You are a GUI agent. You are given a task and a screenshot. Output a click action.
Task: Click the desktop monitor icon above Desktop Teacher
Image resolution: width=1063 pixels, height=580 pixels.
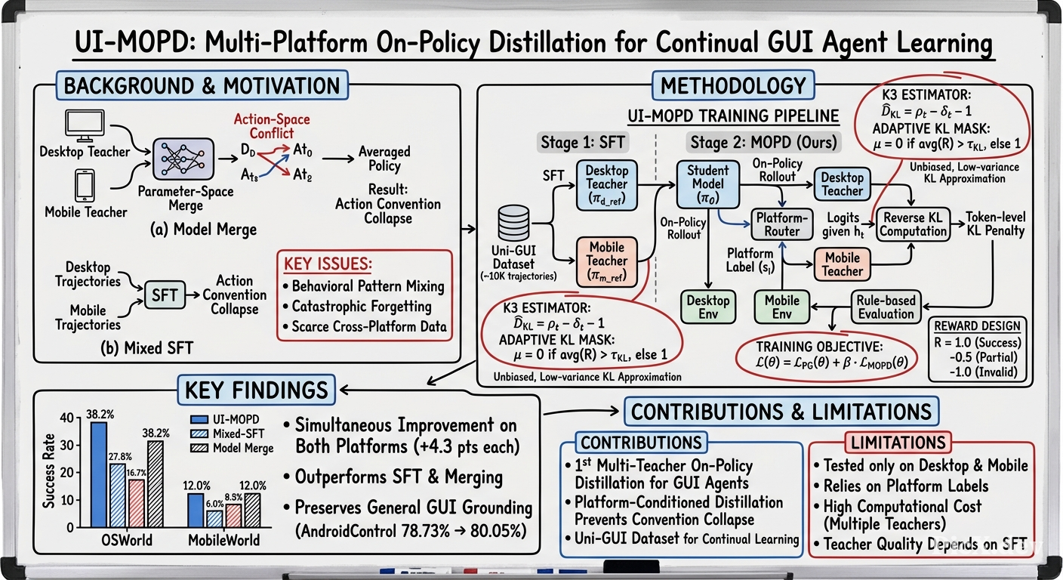(85, 126)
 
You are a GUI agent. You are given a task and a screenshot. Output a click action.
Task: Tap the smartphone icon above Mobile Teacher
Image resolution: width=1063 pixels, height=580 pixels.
(85, 186)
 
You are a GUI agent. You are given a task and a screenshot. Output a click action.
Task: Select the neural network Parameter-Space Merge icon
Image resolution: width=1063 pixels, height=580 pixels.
(183, 159)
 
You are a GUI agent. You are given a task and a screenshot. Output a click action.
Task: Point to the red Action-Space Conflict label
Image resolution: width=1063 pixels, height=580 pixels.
(272, 126)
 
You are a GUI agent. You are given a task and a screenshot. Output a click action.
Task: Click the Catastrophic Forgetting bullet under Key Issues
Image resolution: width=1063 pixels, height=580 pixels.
(358, 307)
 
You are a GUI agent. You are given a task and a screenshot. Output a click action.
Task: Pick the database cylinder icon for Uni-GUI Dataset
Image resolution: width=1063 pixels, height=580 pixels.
(513, 223)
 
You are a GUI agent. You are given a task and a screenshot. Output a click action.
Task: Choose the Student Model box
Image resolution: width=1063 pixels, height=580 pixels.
(707, 184)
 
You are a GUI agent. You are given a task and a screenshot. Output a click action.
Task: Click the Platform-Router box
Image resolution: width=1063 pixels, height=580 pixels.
(781, 224)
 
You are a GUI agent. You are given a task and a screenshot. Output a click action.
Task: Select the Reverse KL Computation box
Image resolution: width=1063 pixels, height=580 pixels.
(913, 224)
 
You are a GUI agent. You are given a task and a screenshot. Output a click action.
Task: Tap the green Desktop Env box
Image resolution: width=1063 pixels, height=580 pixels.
(708, 307)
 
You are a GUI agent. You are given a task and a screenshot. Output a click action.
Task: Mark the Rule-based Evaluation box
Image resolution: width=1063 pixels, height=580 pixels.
(886, 307)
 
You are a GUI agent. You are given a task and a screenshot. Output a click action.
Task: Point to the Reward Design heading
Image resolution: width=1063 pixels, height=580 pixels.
(977, 326)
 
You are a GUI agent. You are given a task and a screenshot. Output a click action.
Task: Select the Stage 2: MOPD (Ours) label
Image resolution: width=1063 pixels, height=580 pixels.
(763, 143)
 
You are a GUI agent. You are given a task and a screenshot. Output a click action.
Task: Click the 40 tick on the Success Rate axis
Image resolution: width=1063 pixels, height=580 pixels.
(67, 418)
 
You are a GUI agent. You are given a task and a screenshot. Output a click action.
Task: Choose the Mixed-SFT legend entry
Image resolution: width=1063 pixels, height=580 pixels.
(227, 433)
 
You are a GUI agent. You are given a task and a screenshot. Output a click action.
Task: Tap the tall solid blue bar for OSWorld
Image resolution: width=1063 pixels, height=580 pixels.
(99, 474)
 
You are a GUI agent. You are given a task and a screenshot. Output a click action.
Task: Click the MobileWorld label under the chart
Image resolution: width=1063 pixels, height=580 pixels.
(224, 540)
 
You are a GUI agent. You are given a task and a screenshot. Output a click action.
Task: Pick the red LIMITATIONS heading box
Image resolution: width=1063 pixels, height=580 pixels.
(898, 443)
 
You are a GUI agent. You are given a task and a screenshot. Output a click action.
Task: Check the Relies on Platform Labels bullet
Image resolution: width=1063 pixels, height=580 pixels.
(901, 486)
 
